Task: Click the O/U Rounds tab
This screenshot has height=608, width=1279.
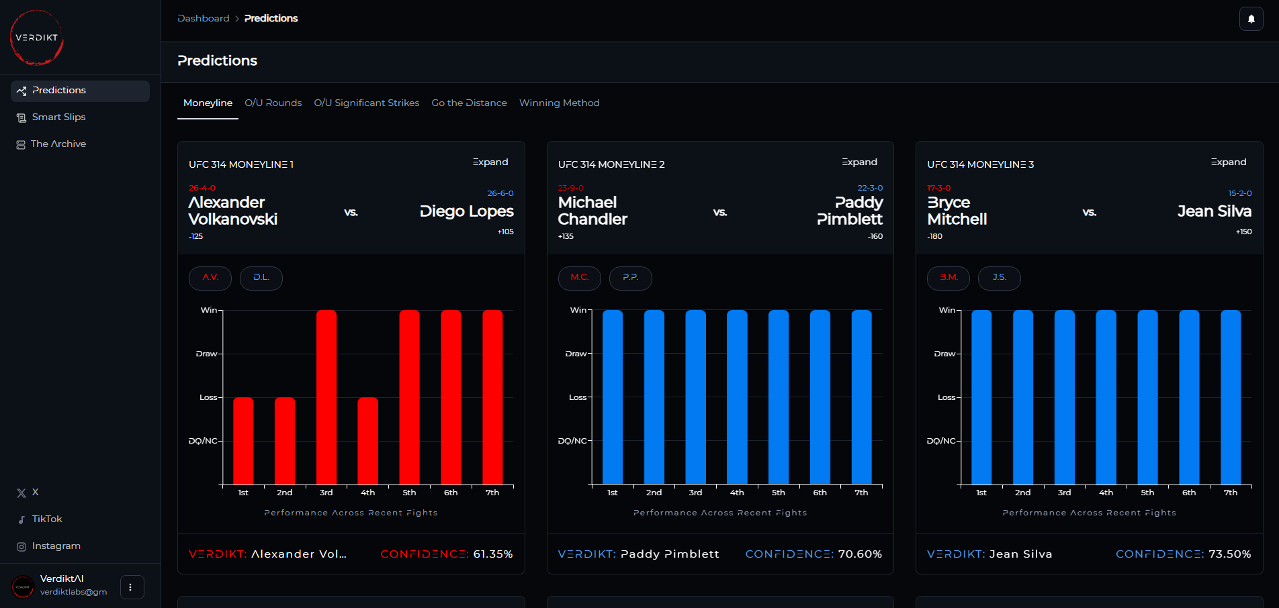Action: pos(273,103)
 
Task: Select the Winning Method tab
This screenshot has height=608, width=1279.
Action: pos(559,103)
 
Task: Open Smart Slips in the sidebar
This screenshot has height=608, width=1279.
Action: pos(58,117)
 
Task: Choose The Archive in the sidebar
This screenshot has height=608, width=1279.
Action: pos(58,144)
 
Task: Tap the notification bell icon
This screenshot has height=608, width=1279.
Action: pos(1251,19)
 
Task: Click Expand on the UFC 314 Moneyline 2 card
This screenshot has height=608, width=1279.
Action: pos(859,162)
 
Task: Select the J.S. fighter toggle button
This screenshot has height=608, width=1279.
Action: pos(999,278)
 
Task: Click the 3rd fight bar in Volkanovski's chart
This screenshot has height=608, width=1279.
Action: pos(326,396)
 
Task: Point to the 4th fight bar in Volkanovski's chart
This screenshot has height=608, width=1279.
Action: pos(368,440)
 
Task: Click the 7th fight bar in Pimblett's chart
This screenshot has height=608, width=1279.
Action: pos(861,396)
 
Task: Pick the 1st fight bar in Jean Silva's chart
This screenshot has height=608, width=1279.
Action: pos(981,396)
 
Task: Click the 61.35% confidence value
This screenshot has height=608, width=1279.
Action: pos(492,554)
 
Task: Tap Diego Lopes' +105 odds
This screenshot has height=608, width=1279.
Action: pos(505,232)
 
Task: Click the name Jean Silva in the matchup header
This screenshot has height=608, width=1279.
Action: pos(1214,211)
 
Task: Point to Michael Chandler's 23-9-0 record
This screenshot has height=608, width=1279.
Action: pos(570,188)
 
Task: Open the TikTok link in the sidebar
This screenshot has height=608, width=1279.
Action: pos(46,519)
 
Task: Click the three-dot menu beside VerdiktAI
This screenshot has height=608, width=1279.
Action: pos(131,587)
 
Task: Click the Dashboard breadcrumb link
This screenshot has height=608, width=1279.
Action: pos(204,19)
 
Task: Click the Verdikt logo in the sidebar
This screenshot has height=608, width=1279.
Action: pos(37,38)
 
